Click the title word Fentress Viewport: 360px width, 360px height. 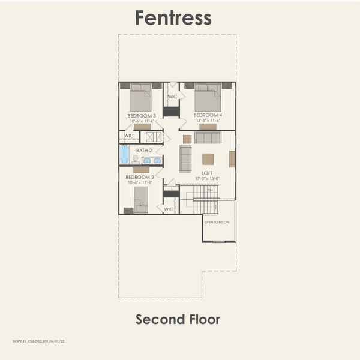click(x=173, y=17)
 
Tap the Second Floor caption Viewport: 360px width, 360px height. click(x=178, y=319)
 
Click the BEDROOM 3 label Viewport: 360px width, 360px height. click(x=142, y=115)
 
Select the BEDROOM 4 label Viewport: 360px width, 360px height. click(x=208, y=115)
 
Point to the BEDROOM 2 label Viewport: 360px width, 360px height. click(x=140, y=178)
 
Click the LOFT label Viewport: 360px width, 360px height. click(x=207, y=173)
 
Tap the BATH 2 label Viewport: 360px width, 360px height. click(x=144, y=151)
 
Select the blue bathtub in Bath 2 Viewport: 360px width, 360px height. click(x=124, y=155)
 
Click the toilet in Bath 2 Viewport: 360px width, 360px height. click(x=136, y=160)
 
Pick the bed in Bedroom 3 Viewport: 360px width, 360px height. click(x=141, y=97)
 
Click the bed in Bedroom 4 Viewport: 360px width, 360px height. click(x=208, y=97)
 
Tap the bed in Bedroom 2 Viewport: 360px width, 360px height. click(x=141, y=199)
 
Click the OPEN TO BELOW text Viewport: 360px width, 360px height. click(x=217, y=222)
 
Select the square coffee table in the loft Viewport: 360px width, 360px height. click(x=208, y=159)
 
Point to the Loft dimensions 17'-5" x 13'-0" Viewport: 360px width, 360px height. click(x=207, y=178)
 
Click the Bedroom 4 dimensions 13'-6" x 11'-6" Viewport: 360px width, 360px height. click(x=208, y=121)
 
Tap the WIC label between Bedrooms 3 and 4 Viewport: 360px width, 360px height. click(x=172, y=97)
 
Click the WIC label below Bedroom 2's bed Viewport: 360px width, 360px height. click(x=169, y=209)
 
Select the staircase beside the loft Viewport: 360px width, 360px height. click(x=206, y=200)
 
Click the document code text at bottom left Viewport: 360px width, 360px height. click(x=38, y=341)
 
